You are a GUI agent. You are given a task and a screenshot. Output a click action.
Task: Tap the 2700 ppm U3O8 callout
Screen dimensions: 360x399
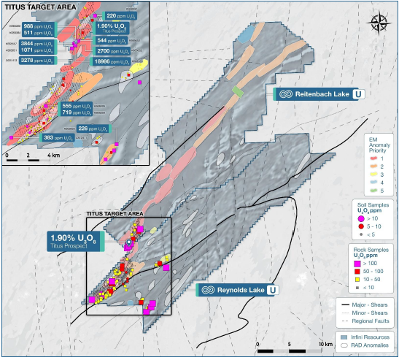(113, 52)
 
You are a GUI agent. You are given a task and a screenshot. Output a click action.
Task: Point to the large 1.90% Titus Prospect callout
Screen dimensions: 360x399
(74, 241)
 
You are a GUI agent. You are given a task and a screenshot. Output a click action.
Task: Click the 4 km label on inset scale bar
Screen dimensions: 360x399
(53, 155)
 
